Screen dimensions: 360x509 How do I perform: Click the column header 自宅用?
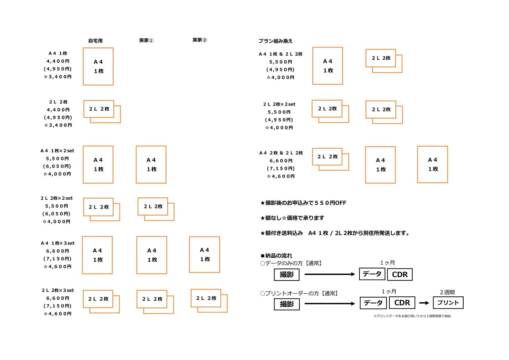[x=95, y=41]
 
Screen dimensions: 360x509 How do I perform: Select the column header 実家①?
[x=146, y=41]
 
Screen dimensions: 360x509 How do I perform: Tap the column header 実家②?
[x=200, y=40]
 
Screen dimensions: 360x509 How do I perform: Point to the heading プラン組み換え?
[x=276, y=41]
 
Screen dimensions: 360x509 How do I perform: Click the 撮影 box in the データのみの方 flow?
[x=286, y=274]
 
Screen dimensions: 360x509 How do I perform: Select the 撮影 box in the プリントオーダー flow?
[x=286, y=304]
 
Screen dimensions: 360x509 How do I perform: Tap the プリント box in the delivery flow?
[x=448, y=303]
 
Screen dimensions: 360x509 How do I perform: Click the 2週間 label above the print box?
[x=447, y=292]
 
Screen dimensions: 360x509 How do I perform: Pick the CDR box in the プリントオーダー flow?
[x=402, y=303]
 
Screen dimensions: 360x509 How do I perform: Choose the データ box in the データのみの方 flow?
[x=372, y=274]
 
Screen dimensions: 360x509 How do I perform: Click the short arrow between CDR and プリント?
[x=424, y=303]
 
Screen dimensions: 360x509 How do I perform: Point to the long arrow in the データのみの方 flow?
[x=330, y=274]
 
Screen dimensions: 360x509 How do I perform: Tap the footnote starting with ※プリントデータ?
[x=412, y=316]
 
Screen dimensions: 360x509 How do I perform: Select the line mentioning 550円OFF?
[x=303, y=203]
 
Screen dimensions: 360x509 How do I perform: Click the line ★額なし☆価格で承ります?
[x=292, y=218]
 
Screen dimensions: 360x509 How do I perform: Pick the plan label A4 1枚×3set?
[x=58, y=243]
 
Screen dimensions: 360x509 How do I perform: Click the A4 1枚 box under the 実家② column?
[x=204, y=255]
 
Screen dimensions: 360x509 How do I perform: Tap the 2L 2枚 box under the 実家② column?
[x=206, y=298]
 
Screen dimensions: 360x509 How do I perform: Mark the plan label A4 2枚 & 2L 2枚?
[x=281, y=153]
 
